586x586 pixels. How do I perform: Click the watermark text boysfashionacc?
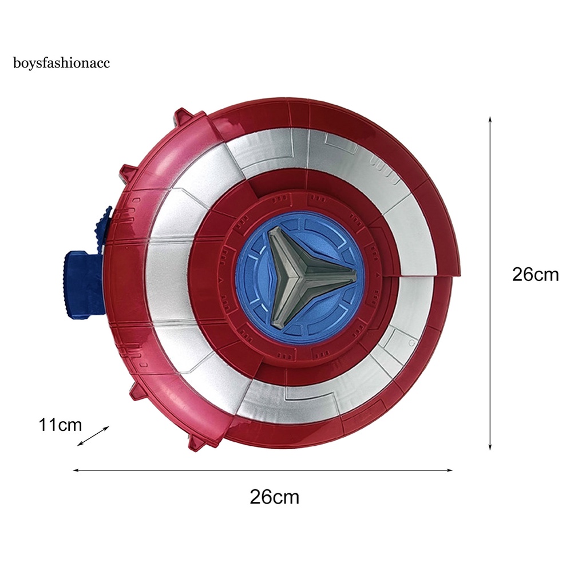(x=61, y=63)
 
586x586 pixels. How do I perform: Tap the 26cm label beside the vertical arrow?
(x=535, y=275)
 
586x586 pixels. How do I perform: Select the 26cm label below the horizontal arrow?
(x=274, y=497)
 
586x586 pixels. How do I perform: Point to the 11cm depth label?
(x=60, y=425)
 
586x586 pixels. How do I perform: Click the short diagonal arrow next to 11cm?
(x=93, y=436)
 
